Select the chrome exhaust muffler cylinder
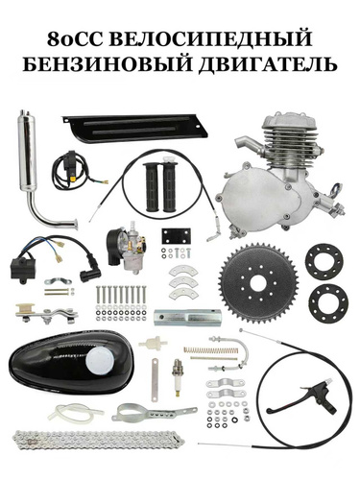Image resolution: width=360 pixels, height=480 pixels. point(27,150)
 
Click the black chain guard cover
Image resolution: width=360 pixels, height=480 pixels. point(135,128)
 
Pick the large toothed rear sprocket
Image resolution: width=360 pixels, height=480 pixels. point(258,283)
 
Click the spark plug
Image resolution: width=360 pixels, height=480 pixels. point(177,377)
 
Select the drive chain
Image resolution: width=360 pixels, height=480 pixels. point(99,441)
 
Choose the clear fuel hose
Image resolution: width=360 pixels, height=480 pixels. point(76,411)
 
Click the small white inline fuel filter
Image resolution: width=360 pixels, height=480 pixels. point(153,344)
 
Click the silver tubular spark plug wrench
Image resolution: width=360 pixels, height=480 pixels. point(187,317)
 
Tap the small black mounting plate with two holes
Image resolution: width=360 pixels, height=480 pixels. point(176,236)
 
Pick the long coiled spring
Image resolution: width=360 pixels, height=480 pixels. point(210,350)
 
